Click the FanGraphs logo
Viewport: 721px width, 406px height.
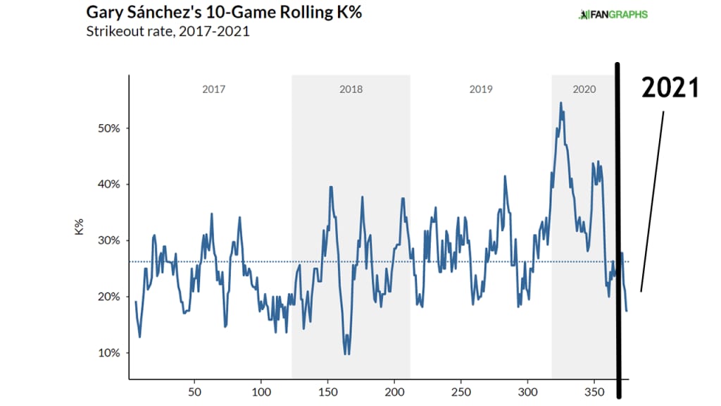tap(613, 14)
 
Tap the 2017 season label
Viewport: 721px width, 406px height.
tap(214, 90)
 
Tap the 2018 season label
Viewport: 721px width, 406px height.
tap(351, 90)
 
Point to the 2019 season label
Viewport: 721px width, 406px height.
tap(481, 90)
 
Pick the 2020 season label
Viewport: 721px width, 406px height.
tap(584, 90)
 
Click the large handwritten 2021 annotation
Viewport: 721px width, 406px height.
tap(669, 88)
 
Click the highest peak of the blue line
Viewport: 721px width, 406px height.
tap(560, 103)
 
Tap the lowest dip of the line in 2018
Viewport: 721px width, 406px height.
tap(346, 353)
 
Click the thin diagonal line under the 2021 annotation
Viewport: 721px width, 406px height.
tap(652, 201)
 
